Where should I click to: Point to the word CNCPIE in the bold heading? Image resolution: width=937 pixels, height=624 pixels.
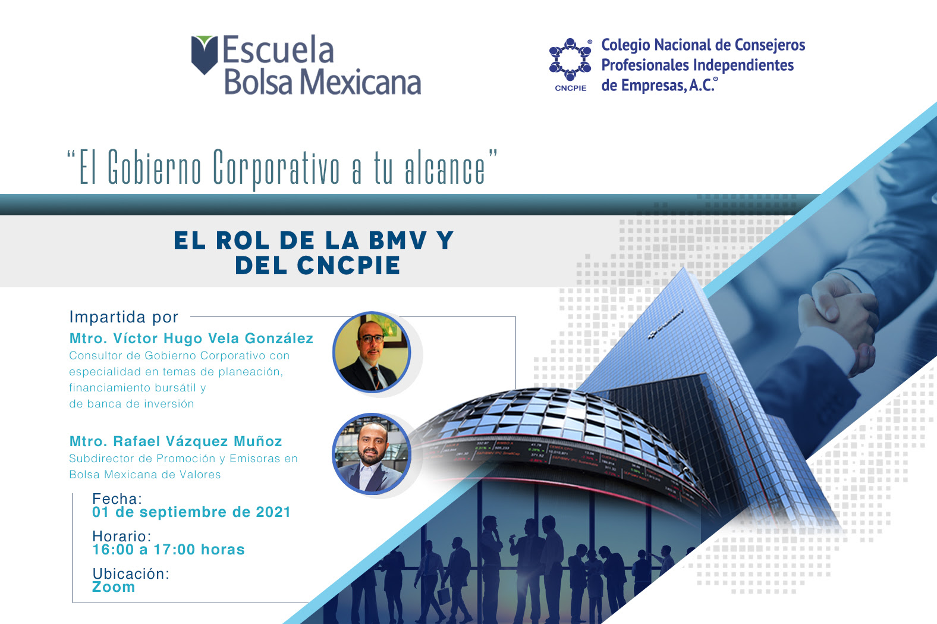tap(348, 266)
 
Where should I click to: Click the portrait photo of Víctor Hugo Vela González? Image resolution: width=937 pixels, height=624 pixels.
tap(372, 352)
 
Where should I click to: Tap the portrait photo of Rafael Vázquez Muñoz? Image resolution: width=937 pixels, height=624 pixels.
tap(372, 454)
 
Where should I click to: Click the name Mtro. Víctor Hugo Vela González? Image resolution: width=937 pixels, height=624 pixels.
tap(191, 338)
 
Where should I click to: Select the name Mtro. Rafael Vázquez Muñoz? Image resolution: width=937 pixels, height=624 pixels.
tap(176, 441)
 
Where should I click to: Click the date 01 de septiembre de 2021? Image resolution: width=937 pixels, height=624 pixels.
tap(191, 512)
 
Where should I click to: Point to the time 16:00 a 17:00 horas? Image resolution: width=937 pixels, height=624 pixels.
tap(168, 550)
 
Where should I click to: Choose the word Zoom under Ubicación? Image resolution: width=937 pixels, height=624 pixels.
tap(114, 587)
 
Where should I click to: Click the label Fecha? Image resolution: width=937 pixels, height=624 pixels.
tap(117, 498)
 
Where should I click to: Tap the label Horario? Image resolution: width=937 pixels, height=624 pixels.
tap(122, 536)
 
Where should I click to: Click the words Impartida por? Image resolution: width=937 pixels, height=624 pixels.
tap(124, 317)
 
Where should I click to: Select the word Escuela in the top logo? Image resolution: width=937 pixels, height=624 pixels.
tap(278, 50)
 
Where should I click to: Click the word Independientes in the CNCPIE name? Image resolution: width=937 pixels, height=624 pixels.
tap(743, 65)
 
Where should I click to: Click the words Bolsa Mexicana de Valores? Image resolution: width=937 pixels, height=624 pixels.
tap(144, 475)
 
